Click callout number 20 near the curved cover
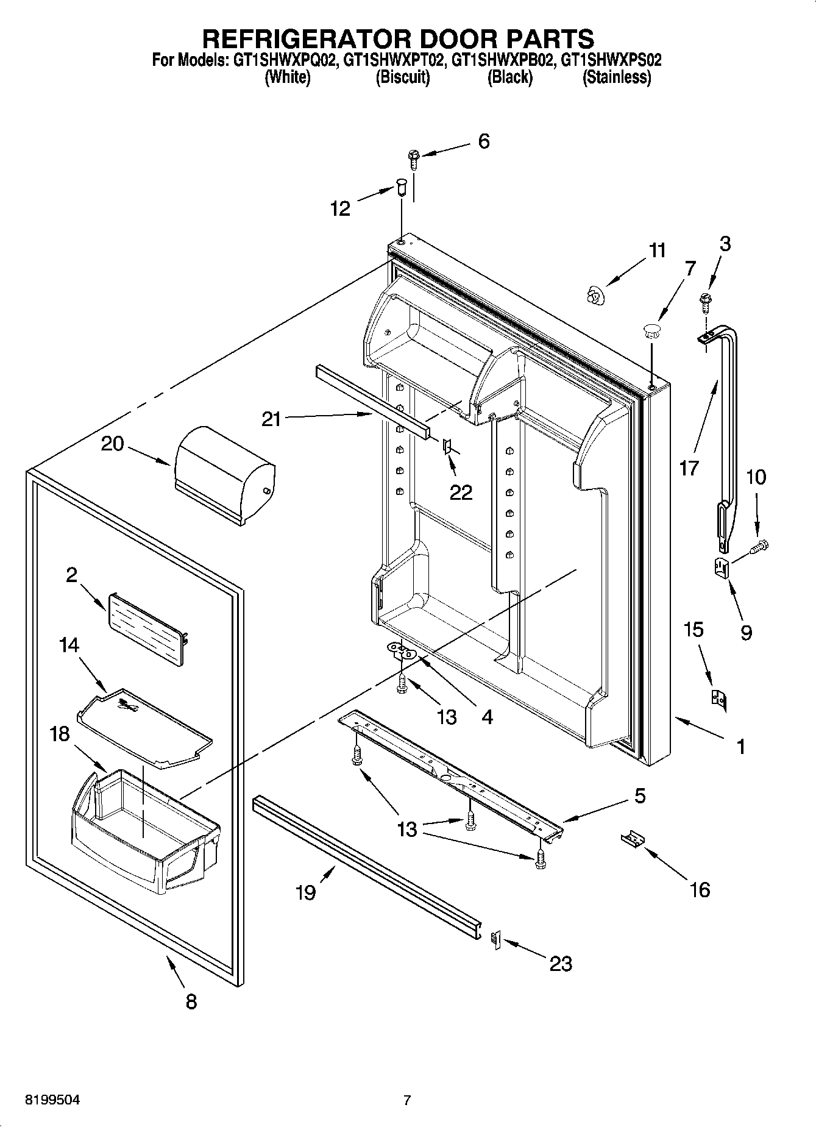[x=112, y=444]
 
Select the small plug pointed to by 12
[x=401, y=186]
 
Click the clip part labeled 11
[x=592, y=296]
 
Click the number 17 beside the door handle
[x=689, y=468]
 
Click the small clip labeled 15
[x=718, y=699]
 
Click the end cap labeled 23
[x=495, y=940]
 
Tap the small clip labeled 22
[x=447, y=448]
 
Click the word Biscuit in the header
[x=402, y=77]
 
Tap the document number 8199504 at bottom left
[x=52, y=1100]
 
